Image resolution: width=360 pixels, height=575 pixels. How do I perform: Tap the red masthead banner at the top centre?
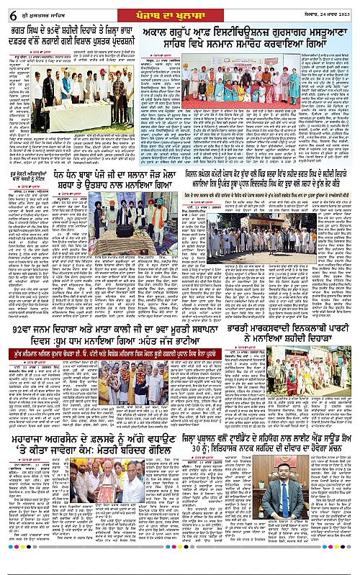pyautogui.click(x=179, y=13)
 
